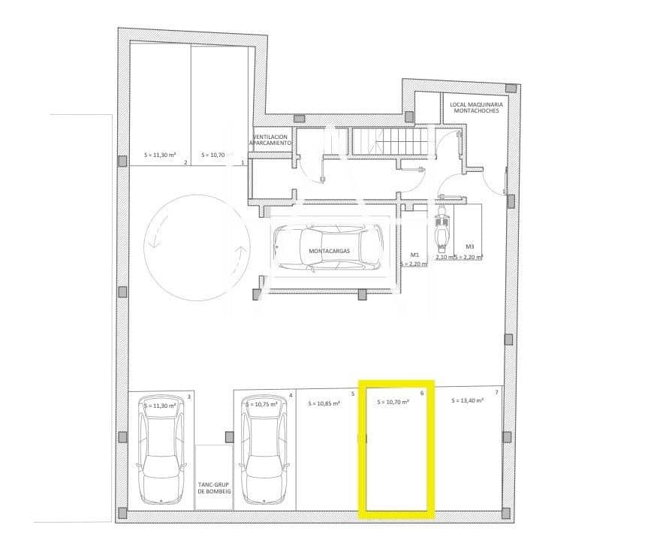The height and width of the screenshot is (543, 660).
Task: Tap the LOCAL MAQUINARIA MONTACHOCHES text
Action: coord(476,107)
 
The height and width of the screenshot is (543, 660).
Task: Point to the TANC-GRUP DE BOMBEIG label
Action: coord(214,488)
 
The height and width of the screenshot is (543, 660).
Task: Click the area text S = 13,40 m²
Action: coord(467,401)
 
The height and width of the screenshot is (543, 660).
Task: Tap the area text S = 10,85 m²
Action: coord(324,403)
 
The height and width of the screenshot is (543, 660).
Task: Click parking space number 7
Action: coord(496,393)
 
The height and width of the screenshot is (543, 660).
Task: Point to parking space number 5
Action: coord(352,394)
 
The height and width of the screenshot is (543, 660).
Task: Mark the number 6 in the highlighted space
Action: coord(422,393)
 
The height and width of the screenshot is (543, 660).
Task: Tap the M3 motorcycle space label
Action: coord(469,246)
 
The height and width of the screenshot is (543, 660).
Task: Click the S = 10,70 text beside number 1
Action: coord(213,155)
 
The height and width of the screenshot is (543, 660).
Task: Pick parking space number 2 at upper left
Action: coord(185,161)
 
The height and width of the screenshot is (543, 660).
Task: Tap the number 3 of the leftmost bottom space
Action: coord(188,396)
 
